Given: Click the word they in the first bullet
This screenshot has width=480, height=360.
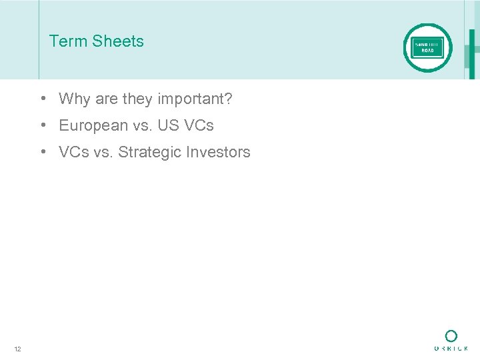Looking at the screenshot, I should [x=138, y=99].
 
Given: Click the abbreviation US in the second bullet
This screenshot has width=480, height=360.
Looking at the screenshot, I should [x=167, y=125].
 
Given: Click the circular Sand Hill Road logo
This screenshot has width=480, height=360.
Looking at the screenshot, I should [x=427, y=48].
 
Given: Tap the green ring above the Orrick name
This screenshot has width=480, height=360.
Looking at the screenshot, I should [x=451, y=336].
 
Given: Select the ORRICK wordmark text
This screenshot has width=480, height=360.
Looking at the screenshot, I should [x=451, y=348].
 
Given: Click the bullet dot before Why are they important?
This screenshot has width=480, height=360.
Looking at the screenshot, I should [x=42, y=99].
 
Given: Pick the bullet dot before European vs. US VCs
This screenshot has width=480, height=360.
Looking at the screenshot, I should [x=42, y=125].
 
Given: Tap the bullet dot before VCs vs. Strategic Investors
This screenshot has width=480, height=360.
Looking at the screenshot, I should [x=42, y=151].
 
